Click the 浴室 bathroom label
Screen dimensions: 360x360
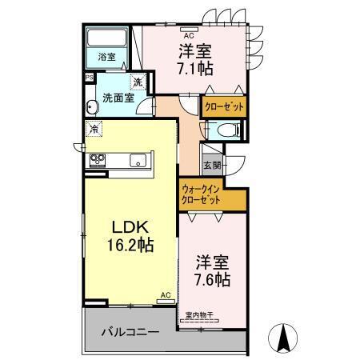pyautogui.click(x=106, y=58)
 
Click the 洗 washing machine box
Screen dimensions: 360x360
pyautogui.click(x=138, y=82)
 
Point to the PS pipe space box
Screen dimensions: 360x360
pyautogui.click(x=89, y=78)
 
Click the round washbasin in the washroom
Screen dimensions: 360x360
pyautogui.click(x=94, y=109)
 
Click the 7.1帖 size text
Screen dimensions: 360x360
pyautogui.click(x=194, y=69)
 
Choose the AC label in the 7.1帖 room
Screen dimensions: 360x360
pyautogui.click(x=190, y=36)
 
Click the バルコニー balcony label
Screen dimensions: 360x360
pyautogui.click(x=130, y=331)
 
